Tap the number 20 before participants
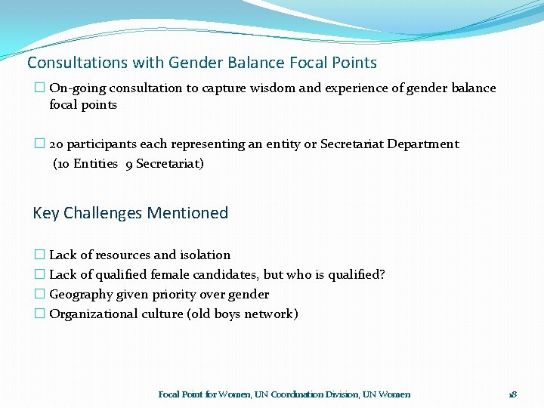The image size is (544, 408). point(57,144)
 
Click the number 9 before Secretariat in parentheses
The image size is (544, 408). point(129,164)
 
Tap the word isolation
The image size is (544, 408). point(205,255)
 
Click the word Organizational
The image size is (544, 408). point(90,314)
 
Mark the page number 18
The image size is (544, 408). point(512,394)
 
